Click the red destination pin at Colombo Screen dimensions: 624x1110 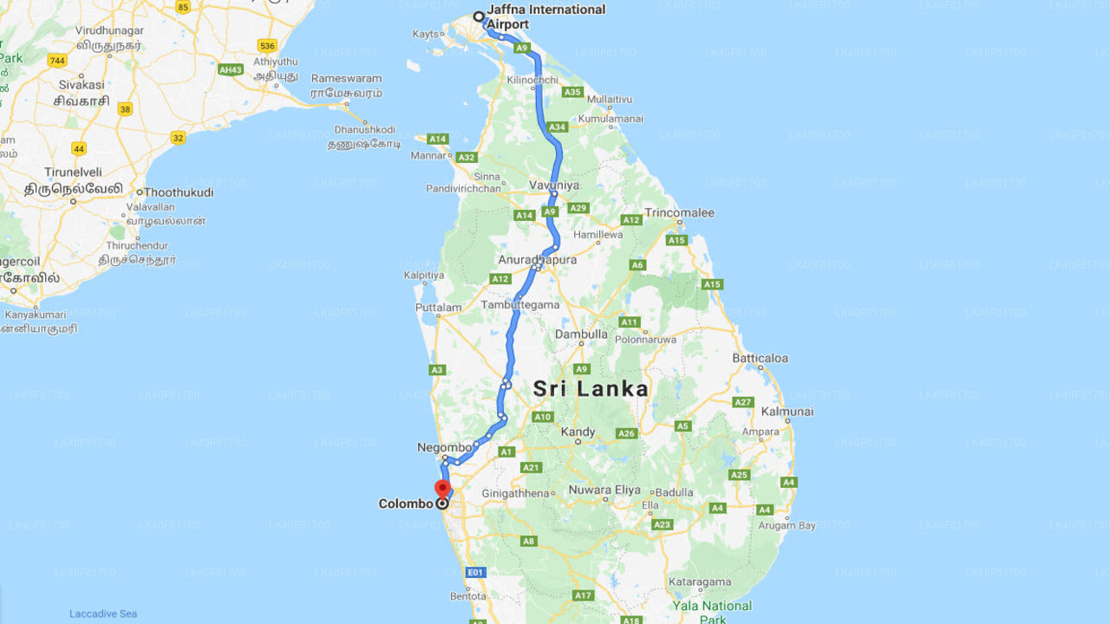point(442,487)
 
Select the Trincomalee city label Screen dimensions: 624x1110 point(679,212)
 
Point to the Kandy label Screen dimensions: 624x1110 point(578,432)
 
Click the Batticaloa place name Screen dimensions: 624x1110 point(760,358)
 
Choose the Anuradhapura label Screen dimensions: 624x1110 point(538,259)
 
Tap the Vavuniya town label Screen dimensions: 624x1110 point(554,185)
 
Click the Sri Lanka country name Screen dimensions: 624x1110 point(591,388)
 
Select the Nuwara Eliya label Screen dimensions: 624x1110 point(604,490)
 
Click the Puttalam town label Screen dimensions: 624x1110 point(439,307)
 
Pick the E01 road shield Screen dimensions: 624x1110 point(475,572)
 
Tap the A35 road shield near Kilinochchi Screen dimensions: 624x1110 point(572,92)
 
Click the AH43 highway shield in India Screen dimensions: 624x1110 point(231,69)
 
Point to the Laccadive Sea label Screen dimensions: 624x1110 point(103,614)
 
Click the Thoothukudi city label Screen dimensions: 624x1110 point(178,192)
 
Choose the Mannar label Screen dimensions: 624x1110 point(428,157)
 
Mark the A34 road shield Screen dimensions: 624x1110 point(557,127)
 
